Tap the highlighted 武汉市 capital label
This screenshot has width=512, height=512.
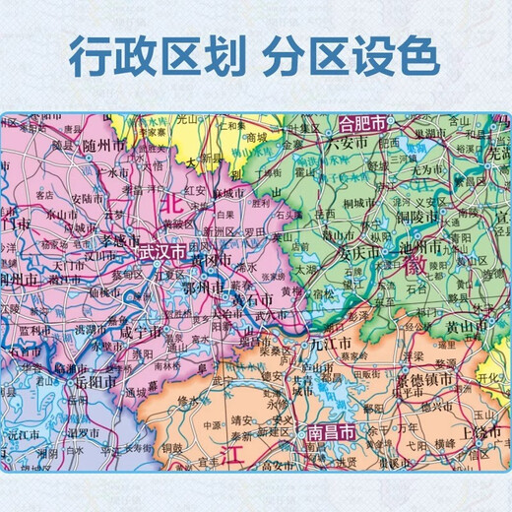point(161,253)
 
